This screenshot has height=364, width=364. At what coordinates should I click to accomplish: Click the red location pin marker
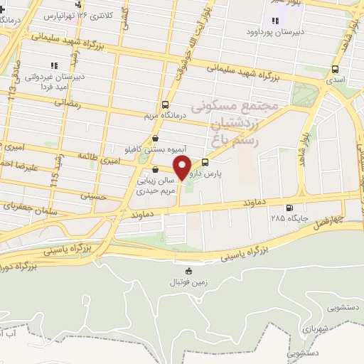point(183,168)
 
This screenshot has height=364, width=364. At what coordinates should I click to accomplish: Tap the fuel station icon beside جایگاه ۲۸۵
point(289,208)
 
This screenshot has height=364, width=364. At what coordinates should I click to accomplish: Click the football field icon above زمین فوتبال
point(188,271)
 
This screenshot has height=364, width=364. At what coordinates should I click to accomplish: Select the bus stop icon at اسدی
point(335,70)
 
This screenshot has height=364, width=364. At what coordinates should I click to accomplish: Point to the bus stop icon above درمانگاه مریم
point(166,105)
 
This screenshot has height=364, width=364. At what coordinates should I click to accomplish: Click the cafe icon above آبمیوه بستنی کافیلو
point(155,139)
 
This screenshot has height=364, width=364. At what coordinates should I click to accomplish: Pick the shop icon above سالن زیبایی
point(156,170)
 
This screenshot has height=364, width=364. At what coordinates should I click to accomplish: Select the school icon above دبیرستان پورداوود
point(274,21)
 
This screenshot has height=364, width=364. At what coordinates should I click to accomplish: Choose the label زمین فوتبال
point(185,282)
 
